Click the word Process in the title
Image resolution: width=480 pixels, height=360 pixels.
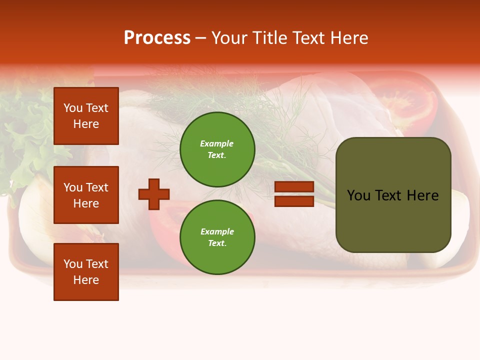click(157, 38)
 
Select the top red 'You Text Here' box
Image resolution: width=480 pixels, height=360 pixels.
click(86, 116)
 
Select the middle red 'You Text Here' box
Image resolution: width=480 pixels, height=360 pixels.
click(86, 195)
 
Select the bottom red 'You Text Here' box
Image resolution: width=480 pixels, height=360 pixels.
click(86, 271)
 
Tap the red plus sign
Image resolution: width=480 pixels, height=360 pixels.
click(154, 194)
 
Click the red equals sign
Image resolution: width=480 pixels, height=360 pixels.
click(294, 194)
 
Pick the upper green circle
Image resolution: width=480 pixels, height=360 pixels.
click(217, 149)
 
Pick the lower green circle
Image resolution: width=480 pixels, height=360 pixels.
click(217, 237)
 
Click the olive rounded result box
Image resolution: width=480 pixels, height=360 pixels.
click(393, 195)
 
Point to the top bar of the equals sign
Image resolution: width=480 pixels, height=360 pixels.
click(294, 186)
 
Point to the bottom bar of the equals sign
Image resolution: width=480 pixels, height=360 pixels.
click(294, 201)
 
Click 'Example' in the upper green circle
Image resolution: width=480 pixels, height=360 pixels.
click(217, 143)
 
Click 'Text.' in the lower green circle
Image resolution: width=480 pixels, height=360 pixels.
click(217, 243)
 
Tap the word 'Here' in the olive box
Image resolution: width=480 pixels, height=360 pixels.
click(422, 195)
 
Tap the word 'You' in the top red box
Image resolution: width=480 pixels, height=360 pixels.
click(73, 108)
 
